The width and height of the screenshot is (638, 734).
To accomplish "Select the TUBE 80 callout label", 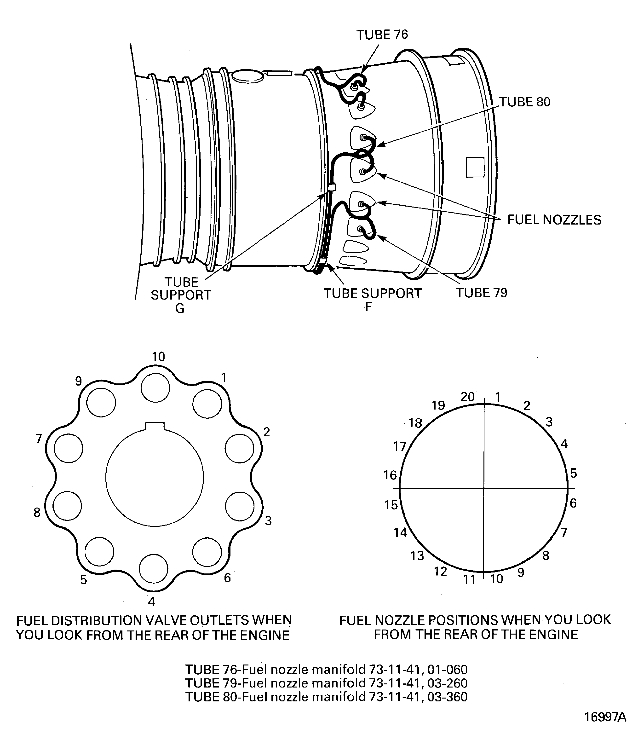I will coord(525,102).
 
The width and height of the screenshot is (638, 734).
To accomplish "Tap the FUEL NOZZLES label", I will coord(554,220).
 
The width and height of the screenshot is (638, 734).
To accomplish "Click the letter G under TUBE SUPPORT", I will coord(180,308).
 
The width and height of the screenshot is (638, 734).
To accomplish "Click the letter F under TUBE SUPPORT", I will coord(368,307).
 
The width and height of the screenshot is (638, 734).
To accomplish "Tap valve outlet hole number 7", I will coord(69,448).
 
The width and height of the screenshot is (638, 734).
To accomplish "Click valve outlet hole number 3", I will coord(240,506).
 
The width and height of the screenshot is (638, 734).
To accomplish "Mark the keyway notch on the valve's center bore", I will coord(155,426).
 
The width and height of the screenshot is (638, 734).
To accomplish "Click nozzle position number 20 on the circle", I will coord(467,397).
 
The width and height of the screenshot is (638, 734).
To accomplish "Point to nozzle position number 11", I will coord(469,580).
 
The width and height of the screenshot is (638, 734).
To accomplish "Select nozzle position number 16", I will coord(390,475).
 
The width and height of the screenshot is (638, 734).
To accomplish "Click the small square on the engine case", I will coord(475,167).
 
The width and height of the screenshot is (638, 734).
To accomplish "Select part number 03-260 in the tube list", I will coord(447,683).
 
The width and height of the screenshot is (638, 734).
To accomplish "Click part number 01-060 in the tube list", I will coord(447,670).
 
